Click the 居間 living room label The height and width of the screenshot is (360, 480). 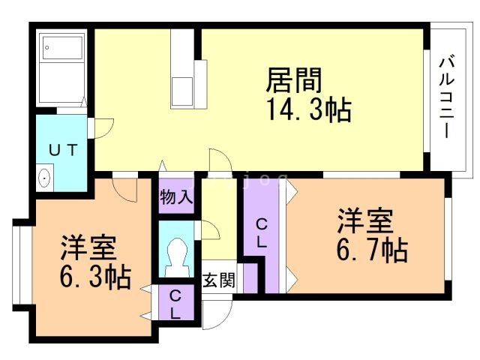click(x=295, y=79)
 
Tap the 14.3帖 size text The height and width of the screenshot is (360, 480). click(x=307, y=110)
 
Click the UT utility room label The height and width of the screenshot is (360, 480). click(x=63, y=149)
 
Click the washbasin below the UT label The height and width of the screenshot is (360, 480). click(x=44, y=178)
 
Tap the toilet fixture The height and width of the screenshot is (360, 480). click(x=178, y=257)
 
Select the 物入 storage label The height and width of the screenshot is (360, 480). click(x=177, y=198)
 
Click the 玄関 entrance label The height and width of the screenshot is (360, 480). click(x=219, y=280)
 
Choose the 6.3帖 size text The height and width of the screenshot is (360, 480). click(x=94, y=277)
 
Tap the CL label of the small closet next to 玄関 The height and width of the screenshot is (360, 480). click(x=175, y=304)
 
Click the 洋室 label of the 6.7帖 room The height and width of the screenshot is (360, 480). click(x=366, y=221)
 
